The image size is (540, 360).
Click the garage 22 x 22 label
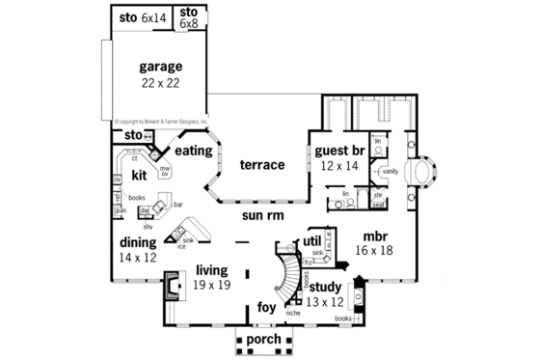coord(160,74)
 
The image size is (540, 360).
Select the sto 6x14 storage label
coord(141,18)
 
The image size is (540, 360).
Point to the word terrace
coord(261,165)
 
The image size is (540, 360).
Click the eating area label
coord(194,151)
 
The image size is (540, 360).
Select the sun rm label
coord(261,216)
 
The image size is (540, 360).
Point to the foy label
coord(266,308)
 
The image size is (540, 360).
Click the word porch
coord(262,340)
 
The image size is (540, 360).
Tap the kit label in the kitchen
coord(139,176)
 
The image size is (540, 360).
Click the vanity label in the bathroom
coord(390,171)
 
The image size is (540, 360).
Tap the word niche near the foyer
coord(293,313)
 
